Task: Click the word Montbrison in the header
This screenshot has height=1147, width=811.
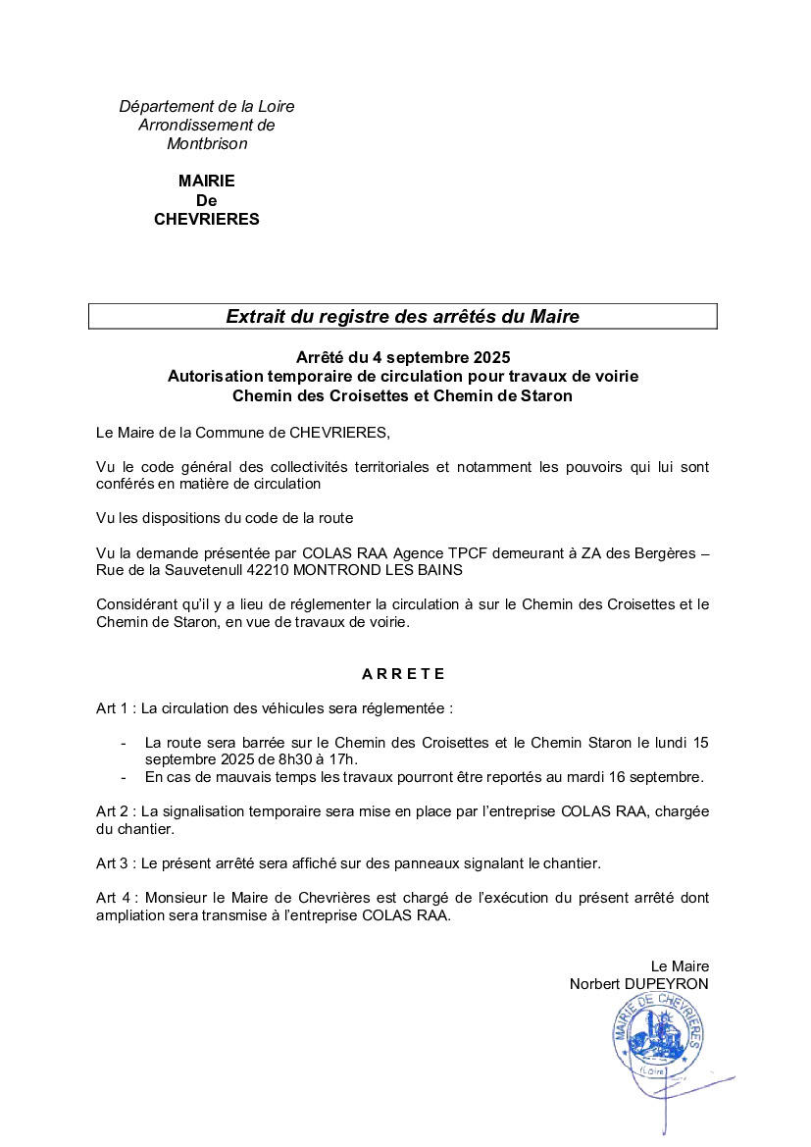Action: tap(207, 144)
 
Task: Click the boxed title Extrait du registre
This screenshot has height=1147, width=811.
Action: tap(402, 316)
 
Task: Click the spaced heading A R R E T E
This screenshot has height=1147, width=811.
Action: tap(403, 674)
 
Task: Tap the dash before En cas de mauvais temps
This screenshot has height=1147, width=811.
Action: tap(125, 777)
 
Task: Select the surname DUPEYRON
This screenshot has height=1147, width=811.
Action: tap(665, 984)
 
